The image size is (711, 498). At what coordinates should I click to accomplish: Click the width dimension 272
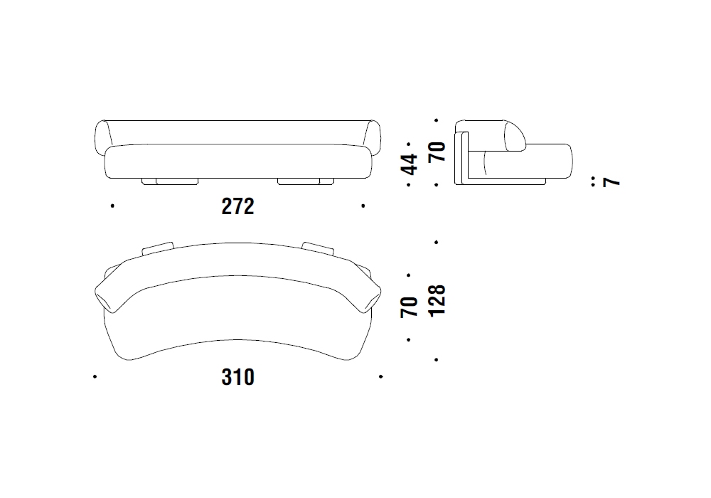point(237,206)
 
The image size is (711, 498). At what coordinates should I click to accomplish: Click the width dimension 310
point(237,377)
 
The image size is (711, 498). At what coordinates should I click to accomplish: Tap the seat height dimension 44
point(409,164)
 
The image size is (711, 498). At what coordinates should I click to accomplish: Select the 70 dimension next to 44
point(437,152)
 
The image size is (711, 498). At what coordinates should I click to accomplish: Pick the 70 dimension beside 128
point(409,307)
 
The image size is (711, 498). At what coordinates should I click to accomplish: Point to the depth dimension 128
point(437,301)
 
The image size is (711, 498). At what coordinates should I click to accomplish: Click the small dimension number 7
point(611,182)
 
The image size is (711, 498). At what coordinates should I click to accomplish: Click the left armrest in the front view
point(102,137)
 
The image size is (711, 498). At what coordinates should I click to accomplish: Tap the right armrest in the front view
point(373,137)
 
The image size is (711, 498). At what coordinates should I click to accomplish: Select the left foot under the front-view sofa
point(170,181)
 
